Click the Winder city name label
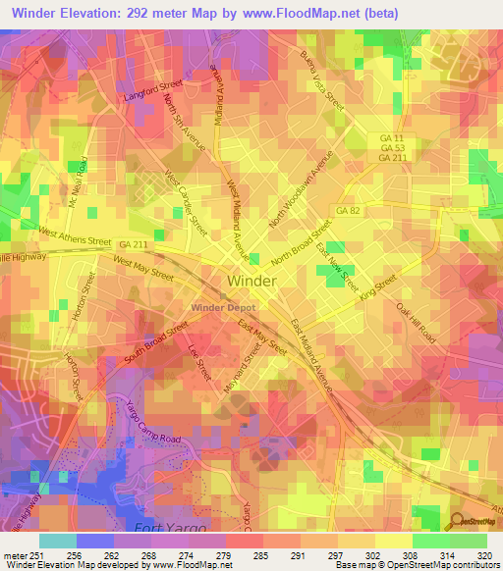click(251, 281)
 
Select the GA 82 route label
click(348, 211)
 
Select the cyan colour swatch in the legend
click(58, 540)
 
